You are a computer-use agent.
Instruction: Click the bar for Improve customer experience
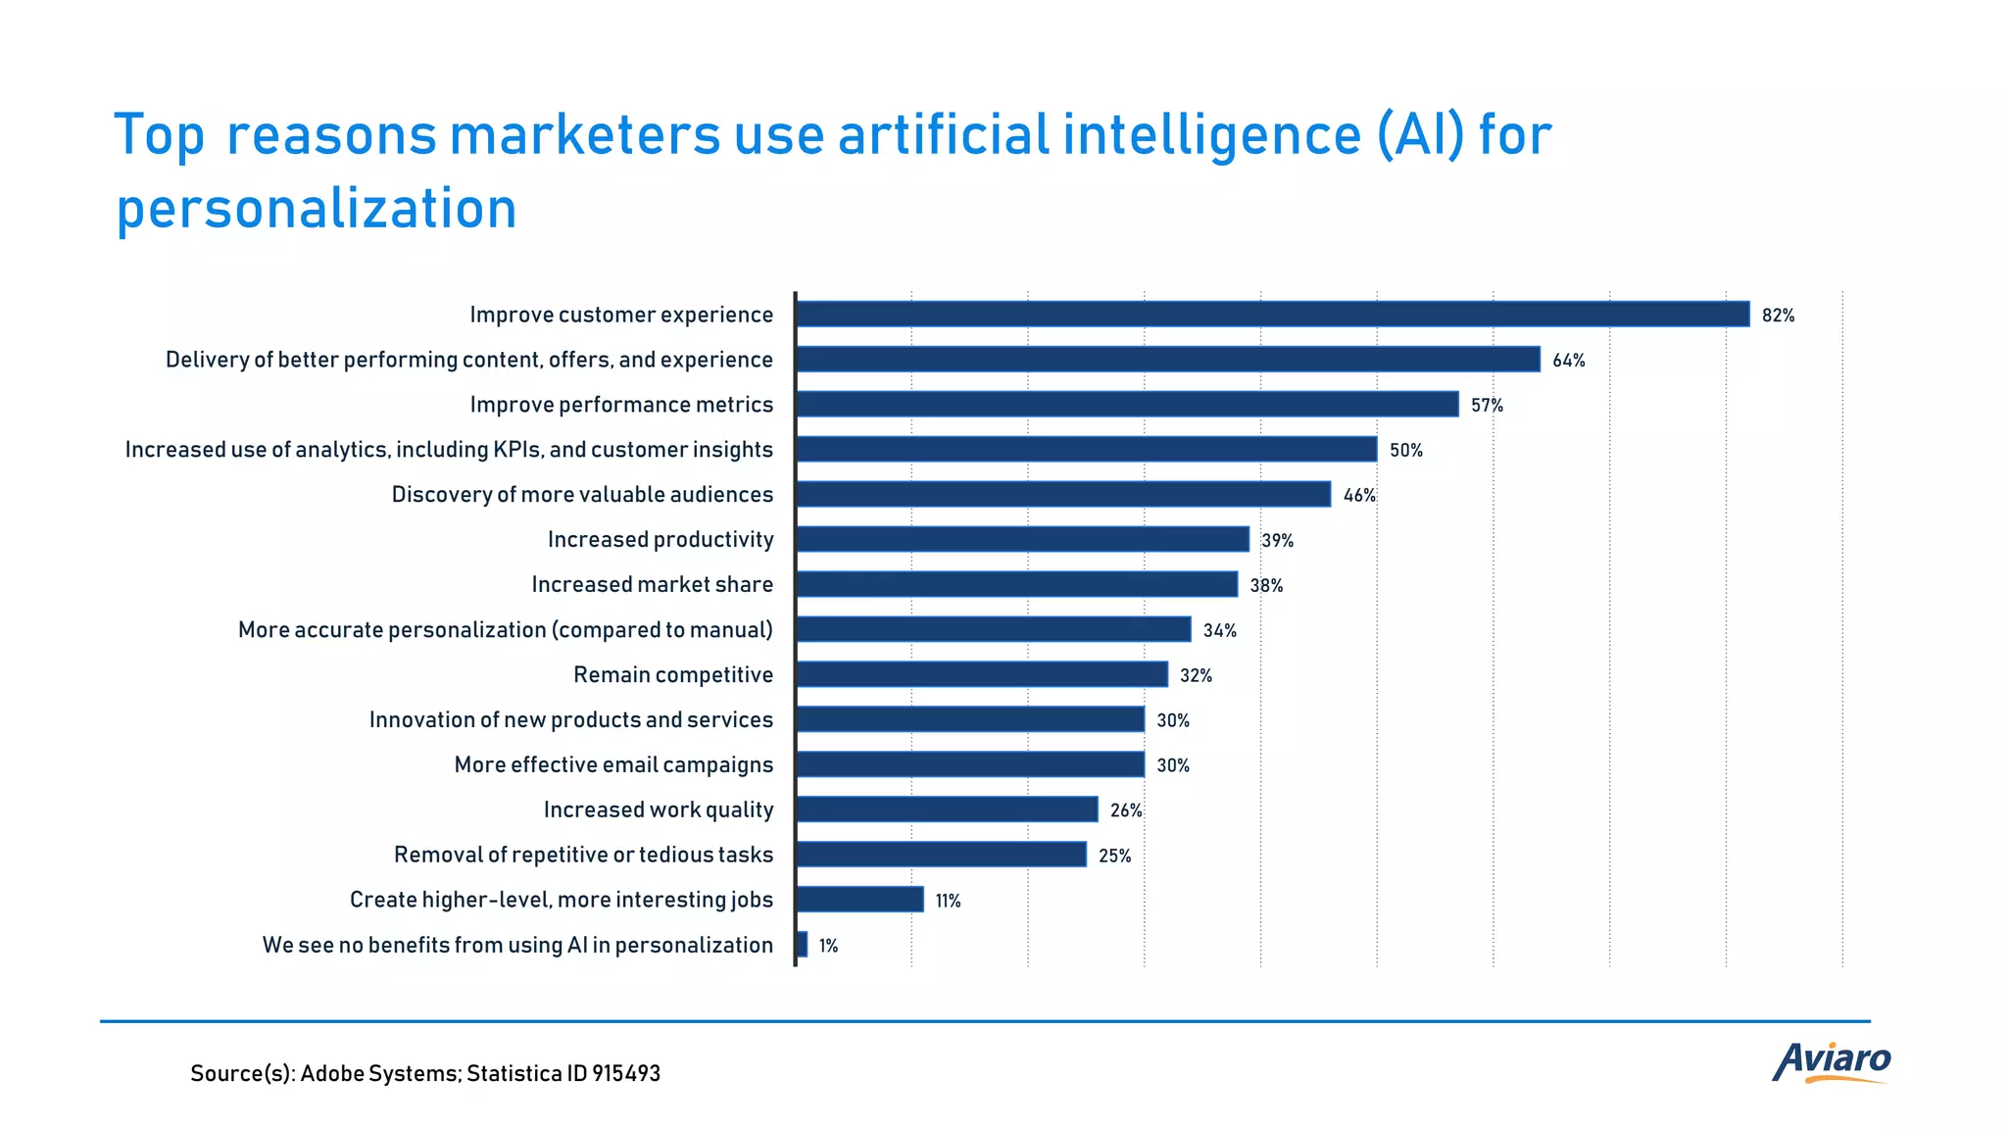click(1272, 314)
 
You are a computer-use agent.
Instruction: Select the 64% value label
click(1568, 361)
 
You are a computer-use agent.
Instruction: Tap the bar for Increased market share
click(1016, 584)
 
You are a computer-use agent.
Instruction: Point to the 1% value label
click(828, 946)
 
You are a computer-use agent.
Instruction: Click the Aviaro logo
click(1831, 1061)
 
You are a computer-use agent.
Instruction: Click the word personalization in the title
click(316, 209)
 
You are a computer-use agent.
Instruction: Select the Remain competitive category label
click(672, 675)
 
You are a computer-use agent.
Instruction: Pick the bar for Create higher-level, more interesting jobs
click(859, 900)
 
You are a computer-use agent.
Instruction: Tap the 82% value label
click(1778, 316)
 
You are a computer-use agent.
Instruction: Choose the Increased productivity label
click(660, 540)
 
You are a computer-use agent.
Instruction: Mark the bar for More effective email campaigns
click(970, 764)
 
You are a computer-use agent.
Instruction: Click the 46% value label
click(1358, 496)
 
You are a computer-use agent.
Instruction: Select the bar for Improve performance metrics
click(1127, 404)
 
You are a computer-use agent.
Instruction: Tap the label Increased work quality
click(658, 810)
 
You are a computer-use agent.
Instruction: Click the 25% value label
click(1114, 857)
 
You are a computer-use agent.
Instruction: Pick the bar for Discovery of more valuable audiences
click(1063, 494)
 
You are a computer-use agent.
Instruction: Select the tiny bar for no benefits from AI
click(802, 945)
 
